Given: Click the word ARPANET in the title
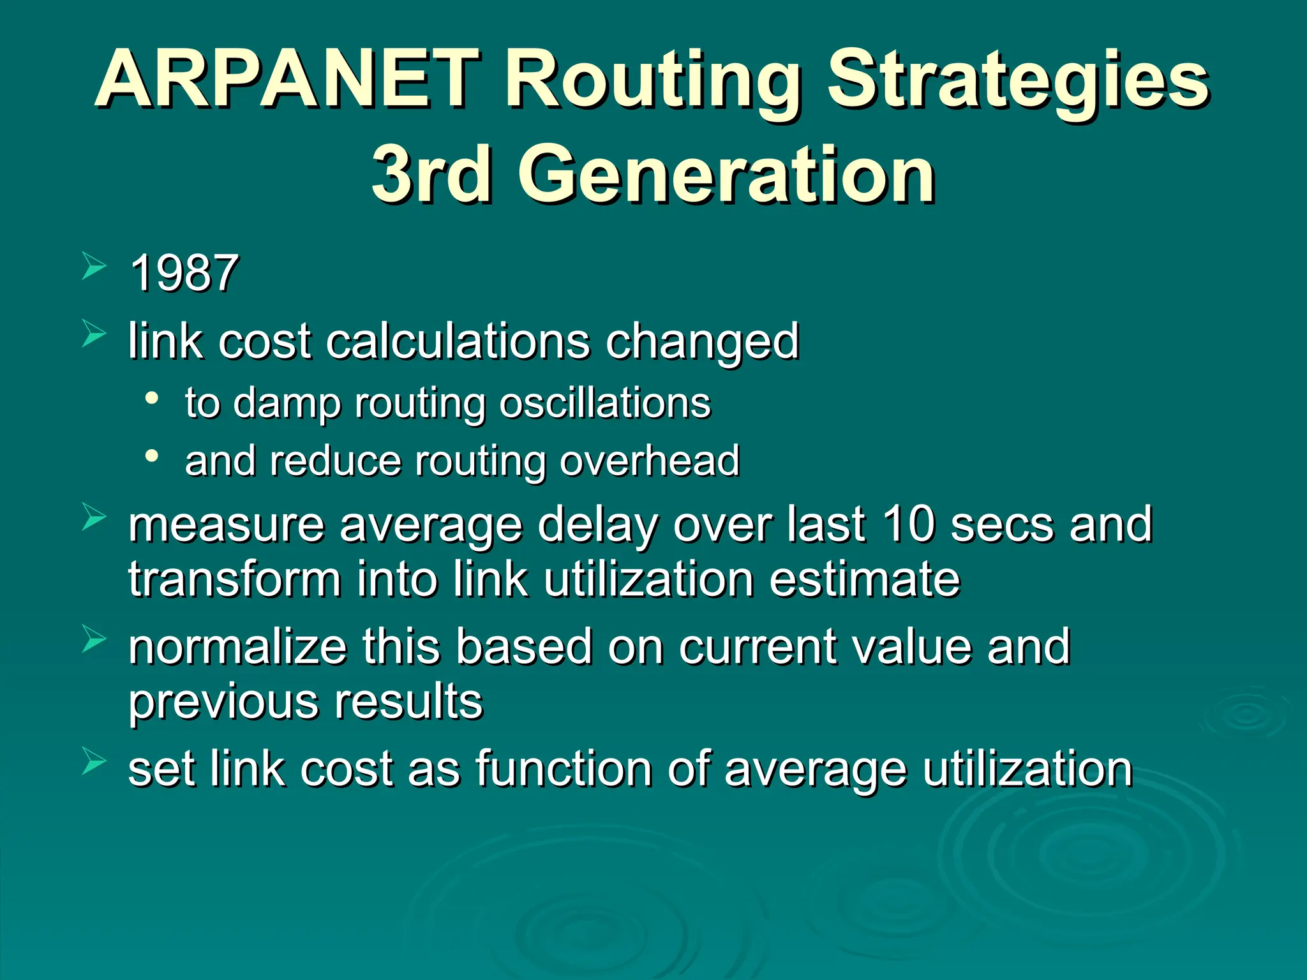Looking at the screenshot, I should [287, 80].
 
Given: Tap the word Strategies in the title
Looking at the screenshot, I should [1017, 80].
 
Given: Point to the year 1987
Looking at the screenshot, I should [184, 273].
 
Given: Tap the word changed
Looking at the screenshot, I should [702, 341].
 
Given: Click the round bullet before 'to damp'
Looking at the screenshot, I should [152, 398].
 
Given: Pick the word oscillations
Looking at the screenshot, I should [605, 403].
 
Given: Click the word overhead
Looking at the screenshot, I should [650, 461].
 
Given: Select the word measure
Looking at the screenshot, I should [227, 524].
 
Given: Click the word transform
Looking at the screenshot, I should [235, 579].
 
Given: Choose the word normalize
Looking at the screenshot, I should [237, 647].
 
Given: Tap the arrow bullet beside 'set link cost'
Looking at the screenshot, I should [93, 762].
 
